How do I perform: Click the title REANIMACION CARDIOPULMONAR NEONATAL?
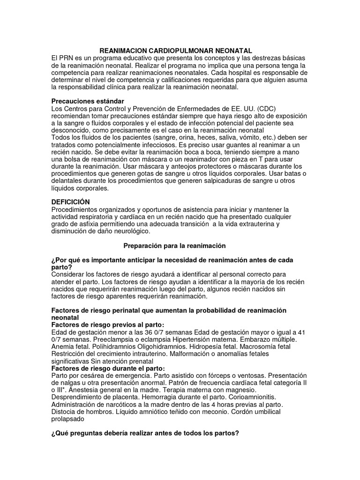click(176, 50)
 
